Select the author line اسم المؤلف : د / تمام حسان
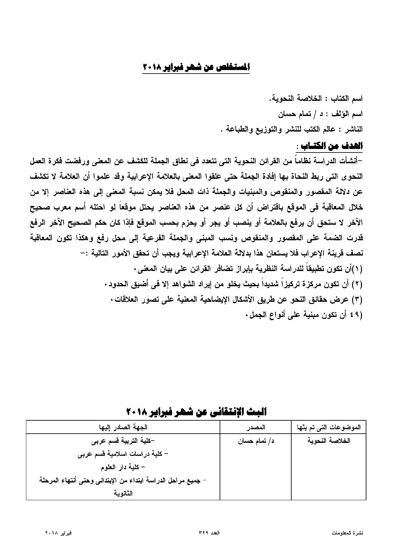pyautogui.click(x=320, y=114)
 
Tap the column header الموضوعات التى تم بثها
pyautogui.click(x=329, y=427)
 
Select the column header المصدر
pyautogui.click(x=256, y=427)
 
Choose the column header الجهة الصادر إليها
pyautogui.click(x=123, y=427)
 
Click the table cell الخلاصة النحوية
pyautogui.click(x=329, y=441)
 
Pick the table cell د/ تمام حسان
pyautogui.click(x=256, y=441)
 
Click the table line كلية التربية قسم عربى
pyautogui.click(x=123, y=441)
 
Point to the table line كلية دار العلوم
pyautogui.click(x=123, y=467)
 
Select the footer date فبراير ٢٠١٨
pyautogui.click(x=58, y=533)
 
